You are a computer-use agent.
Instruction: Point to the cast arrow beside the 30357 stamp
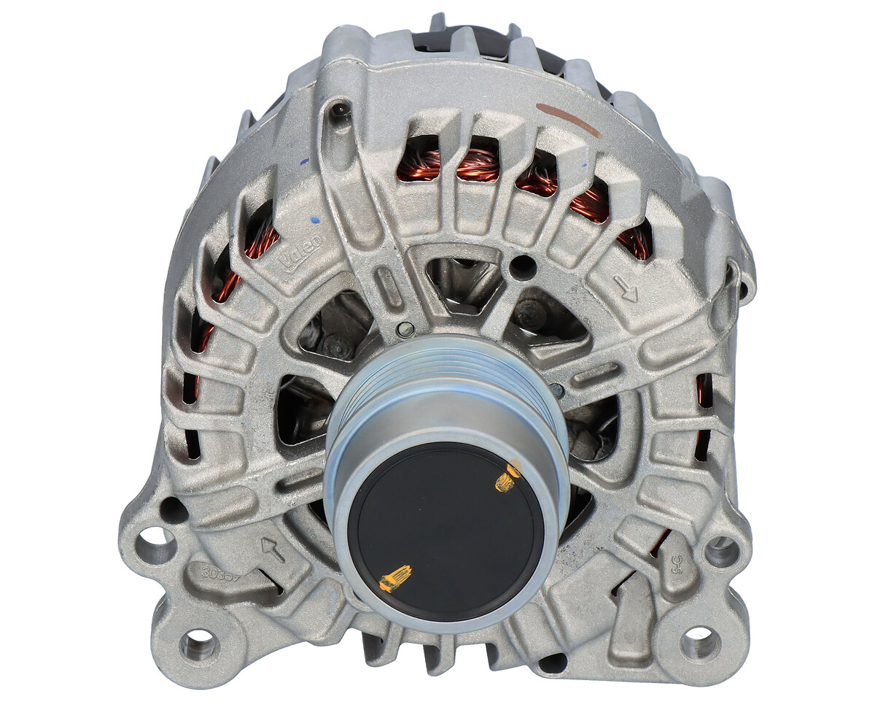pos(273,549)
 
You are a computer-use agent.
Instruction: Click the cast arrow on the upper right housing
pos(626,290)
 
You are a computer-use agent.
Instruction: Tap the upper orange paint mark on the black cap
pos(508,476)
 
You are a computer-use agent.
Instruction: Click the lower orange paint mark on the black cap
pos(395,579)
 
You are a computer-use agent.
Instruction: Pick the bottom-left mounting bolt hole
pos(198,645)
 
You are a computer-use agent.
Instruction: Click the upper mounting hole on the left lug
pos(156,545)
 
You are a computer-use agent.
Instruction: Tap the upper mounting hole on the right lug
pos(721,552)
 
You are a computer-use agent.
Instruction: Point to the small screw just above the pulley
pos(405,329)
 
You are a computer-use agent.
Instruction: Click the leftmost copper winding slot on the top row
pos(418,161)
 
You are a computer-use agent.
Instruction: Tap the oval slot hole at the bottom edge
pos(552,663)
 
